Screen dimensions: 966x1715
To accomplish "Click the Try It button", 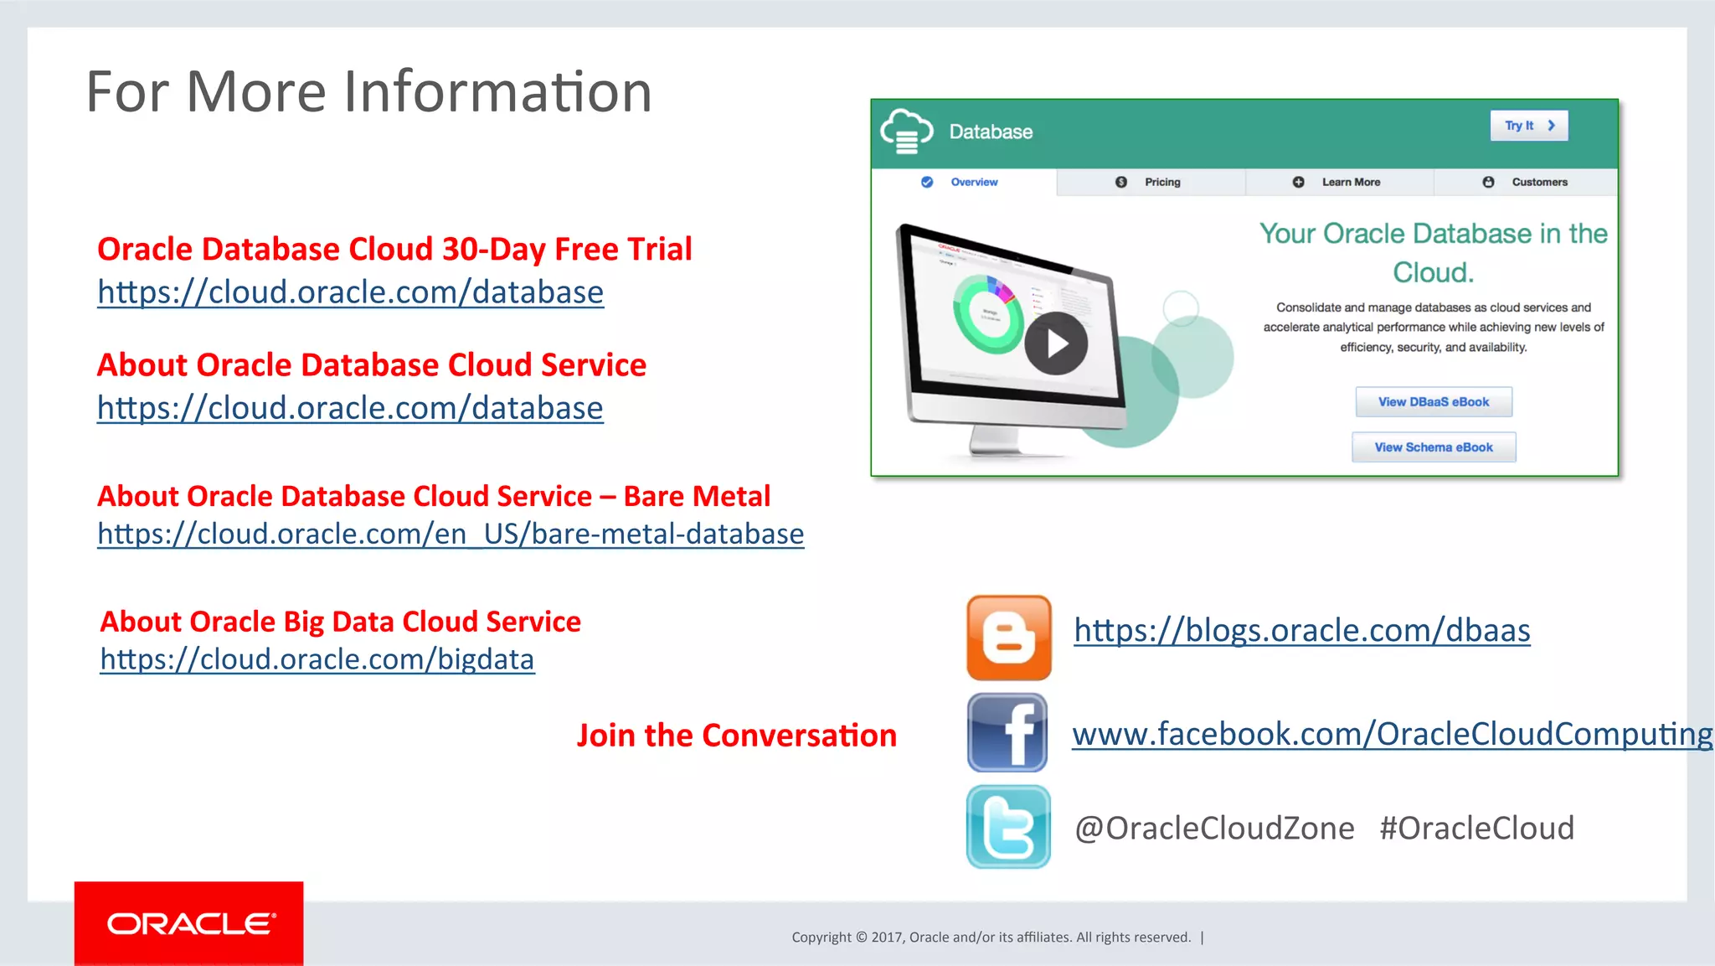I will click(1528, 126).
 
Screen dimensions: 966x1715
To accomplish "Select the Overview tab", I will click(964, 182).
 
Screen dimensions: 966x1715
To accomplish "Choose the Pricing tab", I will click(1151, 182).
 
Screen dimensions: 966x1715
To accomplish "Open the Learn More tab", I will click(1340, 182).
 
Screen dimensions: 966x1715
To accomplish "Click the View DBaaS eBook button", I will click(1434, 402).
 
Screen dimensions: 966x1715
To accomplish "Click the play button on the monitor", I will click(1056, 344).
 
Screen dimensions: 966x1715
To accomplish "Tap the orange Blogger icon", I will click(1008, 638).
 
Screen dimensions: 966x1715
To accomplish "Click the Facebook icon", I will click(1007, 732).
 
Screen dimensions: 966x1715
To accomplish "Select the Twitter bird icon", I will click(1008, 827).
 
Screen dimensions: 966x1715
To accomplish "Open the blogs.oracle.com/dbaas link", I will click(1302, 630).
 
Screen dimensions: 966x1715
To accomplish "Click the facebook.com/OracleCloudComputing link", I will click(1392, 734).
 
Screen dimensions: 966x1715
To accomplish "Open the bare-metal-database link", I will click(451, 534).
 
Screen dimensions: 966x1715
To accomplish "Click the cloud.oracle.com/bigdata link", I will click(317, 659).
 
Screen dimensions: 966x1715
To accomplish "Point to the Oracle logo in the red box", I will click(190, 923).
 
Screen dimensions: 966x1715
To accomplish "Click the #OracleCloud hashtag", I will click(1477, 828).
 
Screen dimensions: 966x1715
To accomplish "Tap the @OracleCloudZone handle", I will click(1214, 828).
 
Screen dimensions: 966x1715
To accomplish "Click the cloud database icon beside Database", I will click(906, 132).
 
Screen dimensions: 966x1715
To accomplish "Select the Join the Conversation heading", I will click(737, 735).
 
